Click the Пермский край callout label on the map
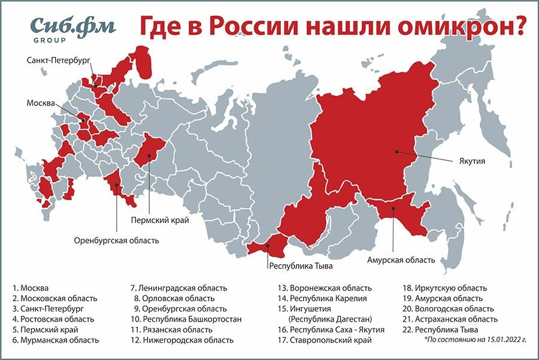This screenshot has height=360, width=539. point(160,220)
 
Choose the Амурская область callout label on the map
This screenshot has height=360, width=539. point(400,261)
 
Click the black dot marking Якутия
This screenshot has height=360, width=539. point(397,151)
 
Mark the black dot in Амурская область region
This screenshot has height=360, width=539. point(393,209)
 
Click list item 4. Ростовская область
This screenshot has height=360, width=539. point(53,319)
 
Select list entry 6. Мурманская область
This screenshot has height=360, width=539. point(55,340)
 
